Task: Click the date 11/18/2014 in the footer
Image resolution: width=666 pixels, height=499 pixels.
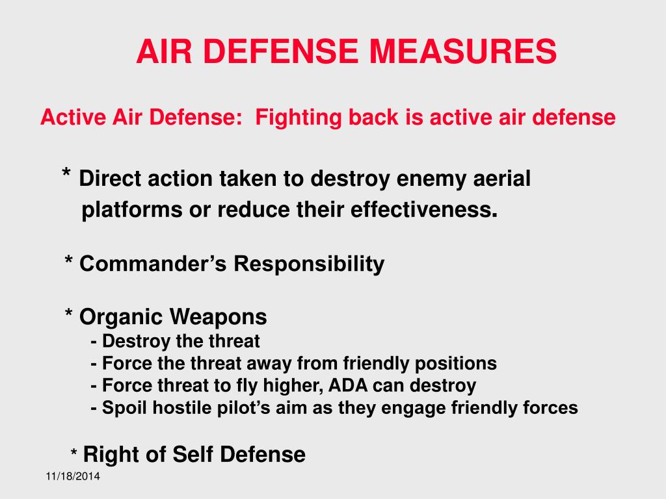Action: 73,478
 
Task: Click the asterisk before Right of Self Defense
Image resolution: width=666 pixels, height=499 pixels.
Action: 74,454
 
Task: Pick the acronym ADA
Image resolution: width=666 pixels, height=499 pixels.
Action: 350,386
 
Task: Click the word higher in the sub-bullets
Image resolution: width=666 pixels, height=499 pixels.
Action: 288,386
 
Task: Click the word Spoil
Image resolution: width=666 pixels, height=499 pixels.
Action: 124,408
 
